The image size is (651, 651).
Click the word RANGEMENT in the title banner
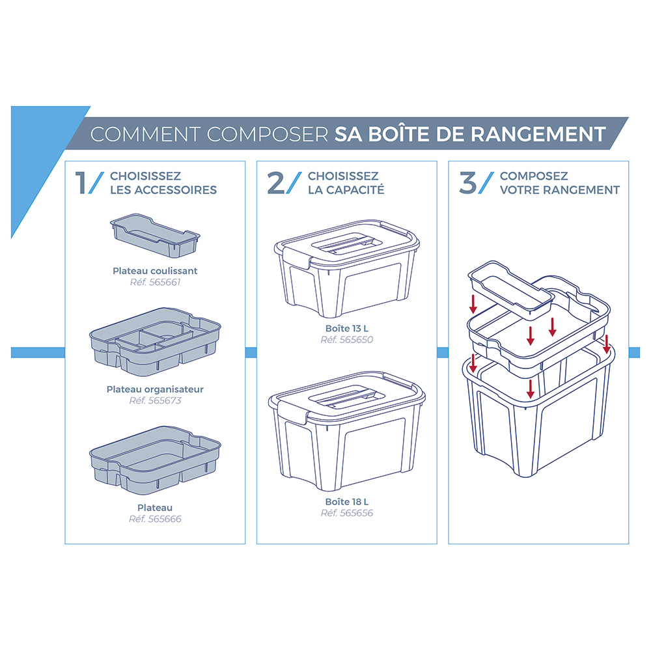538,134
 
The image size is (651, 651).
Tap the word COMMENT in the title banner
146,135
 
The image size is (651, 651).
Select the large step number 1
81,183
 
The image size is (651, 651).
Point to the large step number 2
275,183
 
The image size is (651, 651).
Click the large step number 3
468,183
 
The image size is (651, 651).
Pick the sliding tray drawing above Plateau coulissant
155,236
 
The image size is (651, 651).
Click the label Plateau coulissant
155,271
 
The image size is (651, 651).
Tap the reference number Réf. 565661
155,282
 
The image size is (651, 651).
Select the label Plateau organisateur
155,389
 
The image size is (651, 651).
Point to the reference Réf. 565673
155,400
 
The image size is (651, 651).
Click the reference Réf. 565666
155,519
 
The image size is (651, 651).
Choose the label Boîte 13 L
347,328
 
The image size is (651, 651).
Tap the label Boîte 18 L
347,501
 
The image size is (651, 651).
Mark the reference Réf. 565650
347,340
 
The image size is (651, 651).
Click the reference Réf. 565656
347,513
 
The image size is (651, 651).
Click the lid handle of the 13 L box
347,243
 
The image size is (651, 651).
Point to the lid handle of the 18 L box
342,396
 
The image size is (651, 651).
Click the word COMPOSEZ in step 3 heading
534,176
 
